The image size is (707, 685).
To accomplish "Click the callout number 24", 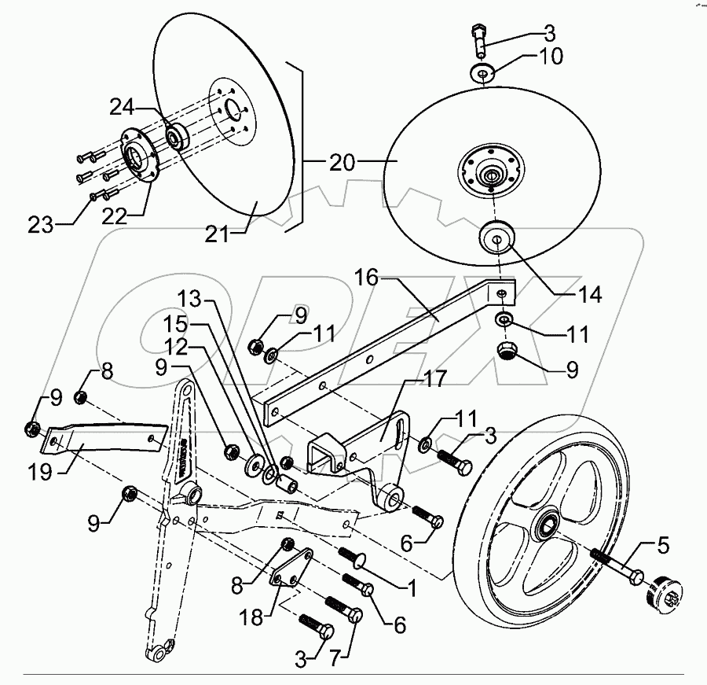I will tap(123, 105).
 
